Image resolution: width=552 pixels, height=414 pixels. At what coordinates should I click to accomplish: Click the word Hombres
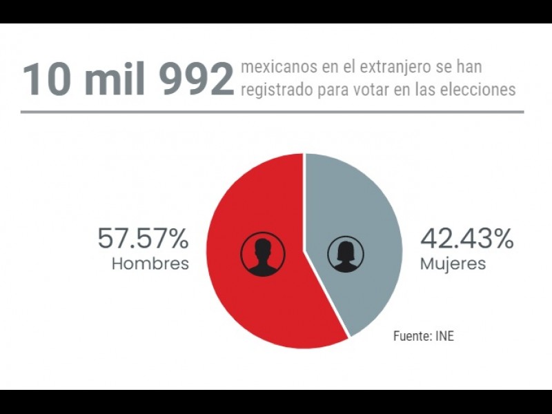coord(150,264)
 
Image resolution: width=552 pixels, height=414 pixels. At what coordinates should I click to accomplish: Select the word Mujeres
coord(453,264)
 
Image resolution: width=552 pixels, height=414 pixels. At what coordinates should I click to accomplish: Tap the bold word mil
coord(114,81)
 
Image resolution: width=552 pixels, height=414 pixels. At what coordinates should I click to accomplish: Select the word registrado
coord(274,90)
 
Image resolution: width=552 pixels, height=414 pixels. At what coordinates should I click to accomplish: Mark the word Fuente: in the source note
coord(413,337)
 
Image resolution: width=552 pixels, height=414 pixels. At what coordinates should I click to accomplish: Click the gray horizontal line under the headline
coord(272,112)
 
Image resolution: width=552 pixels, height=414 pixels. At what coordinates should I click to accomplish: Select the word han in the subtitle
coord(469,67)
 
